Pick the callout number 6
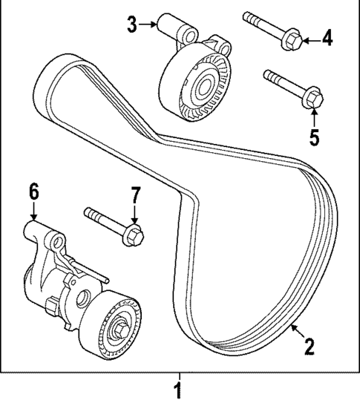(x=33, y=191)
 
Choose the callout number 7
(x=135, y=196)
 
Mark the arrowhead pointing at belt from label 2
(x=295, y=327)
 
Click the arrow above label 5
(x=313, y=118)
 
